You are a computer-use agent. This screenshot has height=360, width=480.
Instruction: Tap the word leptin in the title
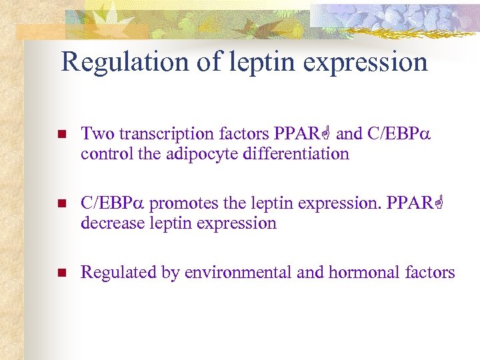259,62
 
